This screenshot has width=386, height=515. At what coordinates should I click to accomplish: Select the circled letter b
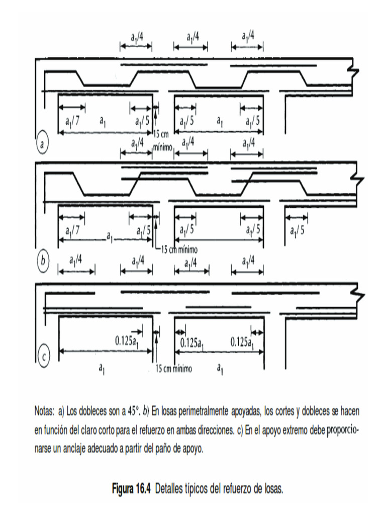pyautogui.click(x=43, y=261)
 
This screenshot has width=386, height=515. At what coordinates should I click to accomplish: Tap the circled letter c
pyautogui.click(x=44, y=358)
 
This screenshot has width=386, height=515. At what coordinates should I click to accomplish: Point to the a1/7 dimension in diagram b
pyautogui.click(x=72, y=231)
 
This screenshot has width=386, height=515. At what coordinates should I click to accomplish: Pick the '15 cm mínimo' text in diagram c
pyautogui.click(x=174, y=369)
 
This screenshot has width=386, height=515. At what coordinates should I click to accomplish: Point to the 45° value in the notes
pyautogui.click(x=132, y=411)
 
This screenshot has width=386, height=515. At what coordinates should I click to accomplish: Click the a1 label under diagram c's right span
pyautogui.click(x=220, y=370)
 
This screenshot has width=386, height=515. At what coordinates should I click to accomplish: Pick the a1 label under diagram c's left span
pyautogui.click(x=102, y=370)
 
